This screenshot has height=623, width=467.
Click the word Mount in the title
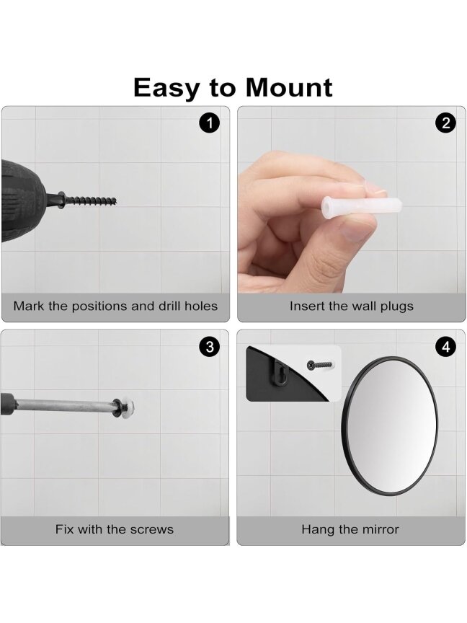coord(289,87)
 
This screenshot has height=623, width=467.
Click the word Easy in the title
coord(166,89)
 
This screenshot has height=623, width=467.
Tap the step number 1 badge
coord(209,123)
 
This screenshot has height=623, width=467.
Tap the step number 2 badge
coord(445,123)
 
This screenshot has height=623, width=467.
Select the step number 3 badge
coord(209,347)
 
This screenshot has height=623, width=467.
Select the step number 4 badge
coord(445,347)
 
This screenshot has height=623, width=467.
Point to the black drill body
coord(25,200)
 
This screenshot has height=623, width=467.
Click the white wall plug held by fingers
coord(361,207)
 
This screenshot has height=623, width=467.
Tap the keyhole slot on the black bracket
coord(282,374)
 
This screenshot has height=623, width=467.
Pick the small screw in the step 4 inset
coord(320,364)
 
